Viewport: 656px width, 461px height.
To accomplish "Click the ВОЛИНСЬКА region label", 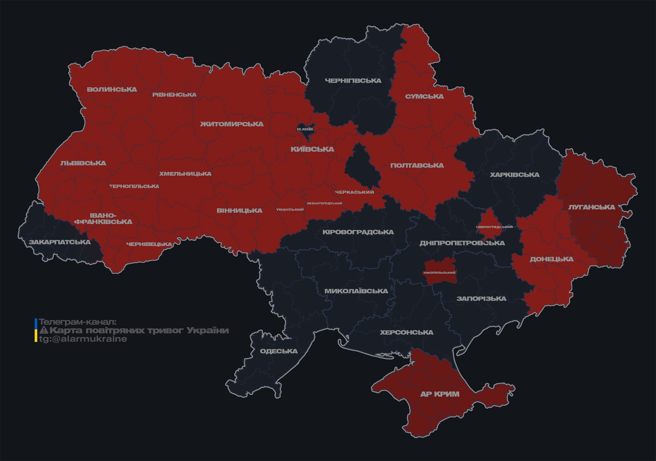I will [x=112, y=89].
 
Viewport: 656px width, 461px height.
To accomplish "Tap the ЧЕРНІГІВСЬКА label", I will [x=353, y=81].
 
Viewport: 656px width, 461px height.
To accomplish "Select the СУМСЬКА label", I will [x=424, y=96].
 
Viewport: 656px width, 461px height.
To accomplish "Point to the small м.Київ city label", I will [x=305, y=129].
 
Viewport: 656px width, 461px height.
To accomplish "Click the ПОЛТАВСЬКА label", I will [x=417, y=165].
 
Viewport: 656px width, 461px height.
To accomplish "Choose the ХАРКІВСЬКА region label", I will [x=515, y=175].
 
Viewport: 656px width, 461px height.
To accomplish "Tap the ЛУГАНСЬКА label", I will [x=591, y=207].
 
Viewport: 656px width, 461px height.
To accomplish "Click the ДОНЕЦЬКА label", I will [x=551, y=259].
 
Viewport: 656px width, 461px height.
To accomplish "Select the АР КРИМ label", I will [x=440, y=394].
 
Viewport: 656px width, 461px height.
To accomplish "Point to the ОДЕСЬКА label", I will [x=279, y=351].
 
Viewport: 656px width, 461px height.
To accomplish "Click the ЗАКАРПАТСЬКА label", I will [x=60, y=242].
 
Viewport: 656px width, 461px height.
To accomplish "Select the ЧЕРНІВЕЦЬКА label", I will [x=149, y=244].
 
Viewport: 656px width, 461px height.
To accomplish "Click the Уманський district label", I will [x=290, y=209].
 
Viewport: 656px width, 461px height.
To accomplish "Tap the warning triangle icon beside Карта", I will [x=44, y=330].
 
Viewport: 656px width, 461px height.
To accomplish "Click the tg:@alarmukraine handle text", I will [x=83, y=339].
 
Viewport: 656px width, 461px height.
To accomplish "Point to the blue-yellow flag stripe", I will [x=36, y=330].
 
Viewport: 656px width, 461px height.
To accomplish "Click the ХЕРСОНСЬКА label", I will [x=406, y=332].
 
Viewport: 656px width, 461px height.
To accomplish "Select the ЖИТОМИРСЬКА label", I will [x=232, y=124].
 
